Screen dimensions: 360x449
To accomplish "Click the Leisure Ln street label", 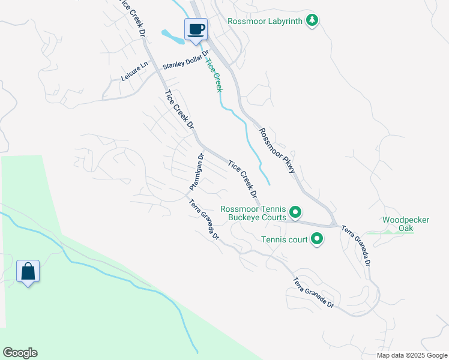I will coord(134,73).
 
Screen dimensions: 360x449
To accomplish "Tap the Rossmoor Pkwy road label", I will coord(278,151).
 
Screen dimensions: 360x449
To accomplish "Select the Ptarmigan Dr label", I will coord(197,172).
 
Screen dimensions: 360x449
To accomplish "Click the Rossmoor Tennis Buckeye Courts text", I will coord(253,213).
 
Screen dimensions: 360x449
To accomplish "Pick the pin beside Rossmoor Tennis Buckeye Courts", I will coord(295,212).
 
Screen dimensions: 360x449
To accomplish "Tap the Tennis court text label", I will coord(285,240).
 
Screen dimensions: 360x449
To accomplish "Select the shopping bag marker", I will coord(28,272).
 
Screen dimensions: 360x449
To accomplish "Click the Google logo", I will coord(20,353).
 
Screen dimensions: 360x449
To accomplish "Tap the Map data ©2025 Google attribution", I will coord(411,355).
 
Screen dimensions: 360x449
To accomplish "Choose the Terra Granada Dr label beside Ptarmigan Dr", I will coord(205,219).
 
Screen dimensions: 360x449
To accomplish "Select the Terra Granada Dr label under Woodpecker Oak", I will coord(357,246).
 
